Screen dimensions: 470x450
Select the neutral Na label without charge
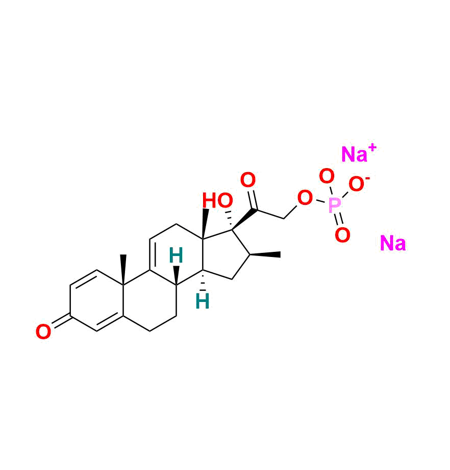pos(392,244)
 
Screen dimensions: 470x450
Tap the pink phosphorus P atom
pos(334,206)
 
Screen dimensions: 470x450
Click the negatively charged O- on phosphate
pos(357,185)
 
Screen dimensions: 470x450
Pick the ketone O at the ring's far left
pos(43,333)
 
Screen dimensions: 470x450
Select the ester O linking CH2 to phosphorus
pos(305,198)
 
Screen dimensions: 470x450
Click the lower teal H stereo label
pos(203,301)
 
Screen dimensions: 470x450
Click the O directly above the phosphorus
pos(327,176)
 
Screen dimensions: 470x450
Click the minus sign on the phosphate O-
pos(368,179)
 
